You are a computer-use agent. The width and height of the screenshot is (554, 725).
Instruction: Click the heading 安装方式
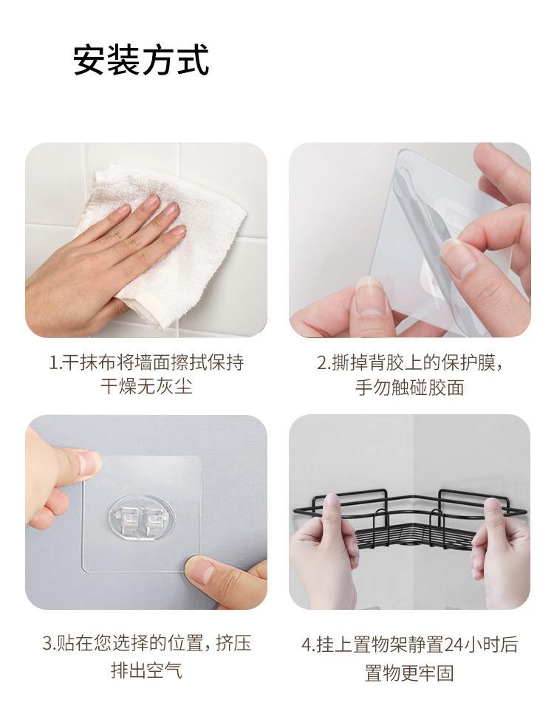coord(141,60)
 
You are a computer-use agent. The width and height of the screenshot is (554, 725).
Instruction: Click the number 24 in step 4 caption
coord(455,645)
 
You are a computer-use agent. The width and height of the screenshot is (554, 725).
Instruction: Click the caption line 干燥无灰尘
coord(146,386)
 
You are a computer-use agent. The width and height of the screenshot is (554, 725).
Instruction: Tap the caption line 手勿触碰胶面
coord(409,387)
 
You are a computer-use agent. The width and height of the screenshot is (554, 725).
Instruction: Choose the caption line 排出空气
coord(146,670)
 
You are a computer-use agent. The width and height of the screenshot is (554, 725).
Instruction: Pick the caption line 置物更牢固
coord(409,673)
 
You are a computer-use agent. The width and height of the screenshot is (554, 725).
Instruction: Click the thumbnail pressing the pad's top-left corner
coord(88,463)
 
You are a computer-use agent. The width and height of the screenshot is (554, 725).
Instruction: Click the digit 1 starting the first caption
coord(52,362)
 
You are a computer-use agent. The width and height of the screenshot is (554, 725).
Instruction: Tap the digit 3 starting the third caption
coord(47,643)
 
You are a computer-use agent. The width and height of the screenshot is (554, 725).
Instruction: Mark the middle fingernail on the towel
coord(151,202)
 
